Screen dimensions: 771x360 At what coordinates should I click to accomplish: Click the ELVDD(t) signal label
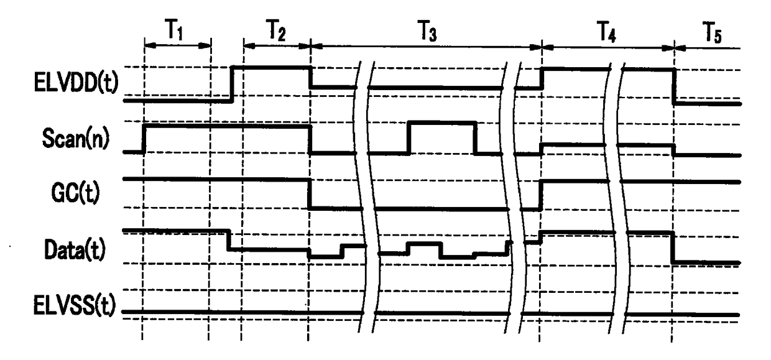tap(73, 81)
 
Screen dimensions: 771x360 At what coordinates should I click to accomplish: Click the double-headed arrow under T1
tap(177, 45)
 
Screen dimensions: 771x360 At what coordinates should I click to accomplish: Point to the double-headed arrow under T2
tap(277, 45)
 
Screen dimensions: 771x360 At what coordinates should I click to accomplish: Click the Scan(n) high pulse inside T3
tap(441, 123)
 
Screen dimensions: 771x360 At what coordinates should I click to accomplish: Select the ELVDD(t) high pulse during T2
tap(271, 67)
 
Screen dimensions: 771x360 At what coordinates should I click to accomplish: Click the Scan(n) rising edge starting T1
tap(144, 139)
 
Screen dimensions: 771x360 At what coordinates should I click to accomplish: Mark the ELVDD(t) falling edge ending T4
tap(674, 86)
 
